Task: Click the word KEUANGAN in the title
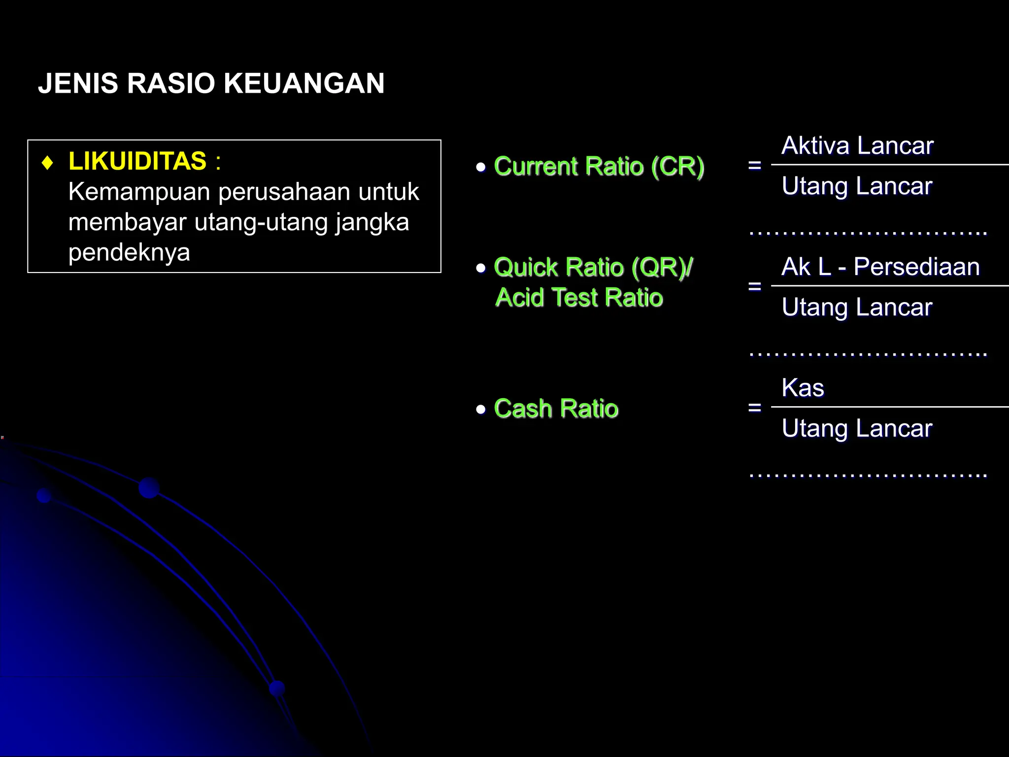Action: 303,83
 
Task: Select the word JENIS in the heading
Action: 78,83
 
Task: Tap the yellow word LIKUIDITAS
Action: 137,161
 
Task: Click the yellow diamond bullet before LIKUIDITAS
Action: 48,163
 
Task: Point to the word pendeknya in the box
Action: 129,252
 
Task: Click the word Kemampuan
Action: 139,192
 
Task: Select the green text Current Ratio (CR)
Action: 599,167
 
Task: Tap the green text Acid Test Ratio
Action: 579,298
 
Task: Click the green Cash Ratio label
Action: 556,409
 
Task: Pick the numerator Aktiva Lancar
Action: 857,146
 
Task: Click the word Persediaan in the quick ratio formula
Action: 916,267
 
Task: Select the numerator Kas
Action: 803,388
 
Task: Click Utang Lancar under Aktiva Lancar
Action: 857,186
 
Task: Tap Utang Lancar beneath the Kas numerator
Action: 857,428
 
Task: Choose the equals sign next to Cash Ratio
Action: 754,408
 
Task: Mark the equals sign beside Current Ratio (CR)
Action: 754,166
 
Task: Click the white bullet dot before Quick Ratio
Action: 481,268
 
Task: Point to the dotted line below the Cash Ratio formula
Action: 867,476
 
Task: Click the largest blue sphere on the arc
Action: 149,488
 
